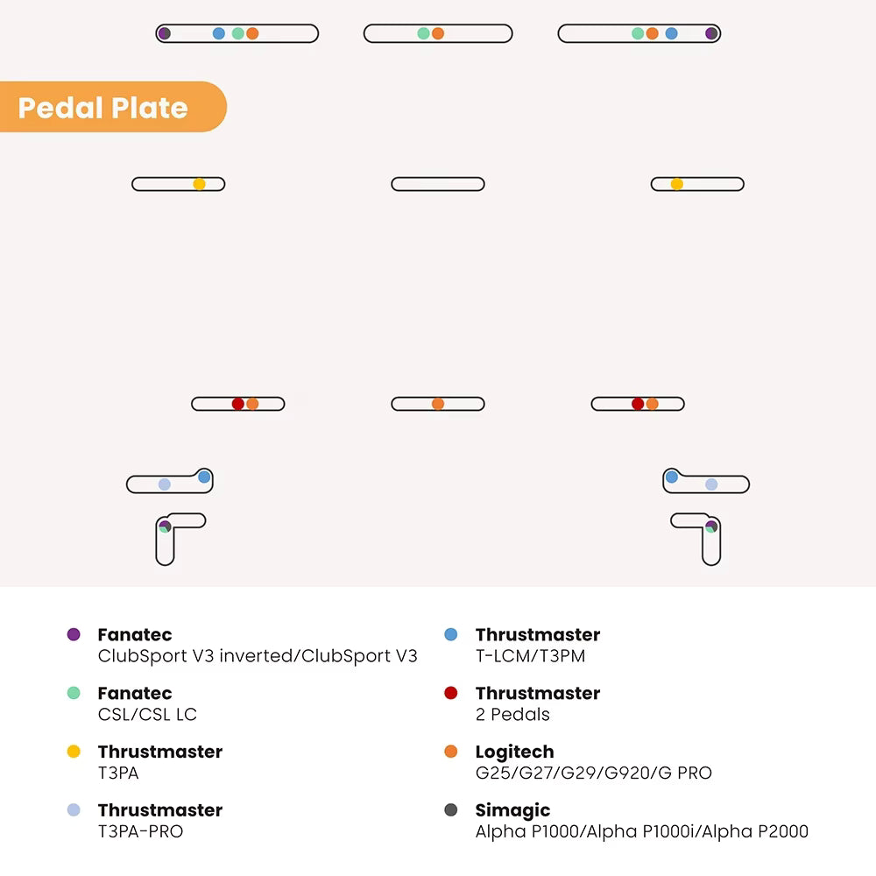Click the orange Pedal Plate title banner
112,107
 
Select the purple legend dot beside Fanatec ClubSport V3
74,634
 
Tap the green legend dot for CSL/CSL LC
74,693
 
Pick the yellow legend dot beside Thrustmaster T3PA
74,752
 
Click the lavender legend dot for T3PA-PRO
74,809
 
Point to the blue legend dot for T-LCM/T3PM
451,634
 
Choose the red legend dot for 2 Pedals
451,693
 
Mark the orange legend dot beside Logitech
451,752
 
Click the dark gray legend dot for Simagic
451,809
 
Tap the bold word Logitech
514,752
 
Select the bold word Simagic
512,810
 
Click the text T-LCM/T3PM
530,656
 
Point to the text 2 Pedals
512,715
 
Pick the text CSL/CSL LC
147,715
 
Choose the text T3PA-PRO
140,831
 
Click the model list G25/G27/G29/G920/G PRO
594,773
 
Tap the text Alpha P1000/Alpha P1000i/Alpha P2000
642,831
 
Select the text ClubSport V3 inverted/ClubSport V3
258,656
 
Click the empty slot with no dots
438,184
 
